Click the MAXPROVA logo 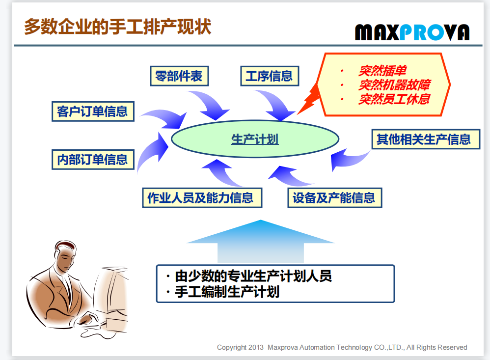(412, 32)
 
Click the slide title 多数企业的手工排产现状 (117, 26)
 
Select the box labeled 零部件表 (179, 76)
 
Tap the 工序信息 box (270, 76)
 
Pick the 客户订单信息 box (93, 111)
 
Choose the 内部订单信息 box (93, 160)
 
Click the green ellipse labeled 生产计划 (255, 139)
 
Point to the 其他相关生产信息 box (426, 139)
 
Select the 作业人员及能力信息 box (202, 198)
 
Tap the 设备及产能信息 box (335, 198)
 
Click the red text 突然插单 (382, 71)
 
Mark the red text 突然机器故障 (394, 84)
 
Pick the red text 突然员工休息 (394, 99)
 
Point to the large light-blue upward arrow (261, 241)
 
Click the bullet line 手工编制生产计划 (227, 292)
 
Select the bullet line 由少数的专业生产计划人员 (253, 276)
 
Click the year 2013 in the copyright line (256, 347)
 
